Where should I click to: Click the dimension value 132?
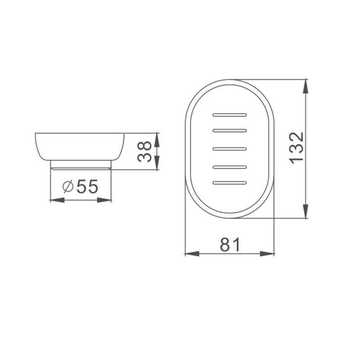click(297, 148)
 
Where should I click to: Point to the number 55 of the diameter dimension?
click(87, 186)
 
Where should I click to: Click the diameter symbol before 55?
click(67, 186)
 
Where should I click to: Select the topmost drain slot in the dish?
click(229, 115)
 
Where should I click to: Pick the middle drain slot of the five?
click(229, 148)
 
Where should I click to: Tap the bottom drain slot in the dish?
click(229, 183)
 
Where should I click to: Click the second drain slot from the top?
click(229, 131)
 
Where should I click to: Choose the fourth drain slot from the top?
click(229, 166)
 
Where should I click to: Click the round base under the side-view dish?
click(81, 165)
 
